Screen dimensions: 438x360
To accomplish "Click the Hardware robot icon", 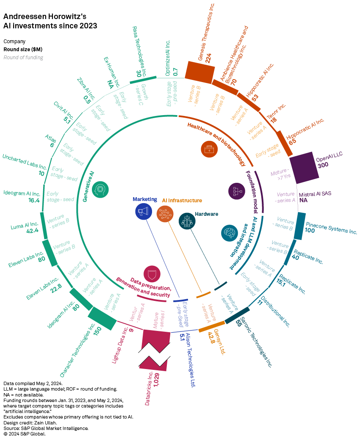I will [x=187, y=221].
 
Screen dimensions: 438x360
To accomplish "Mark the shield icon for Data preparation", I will [x=152, y=274].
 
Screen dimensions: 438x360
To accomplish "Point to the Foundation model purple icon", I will [x=236, y=191].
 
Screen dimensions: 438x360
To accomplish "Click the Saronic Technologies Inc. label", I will [x=258, y=347].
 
